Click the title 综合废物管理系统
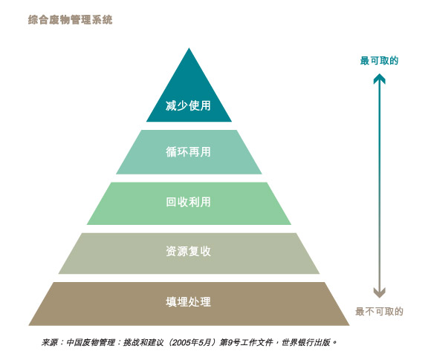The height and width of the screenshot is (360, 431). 71,20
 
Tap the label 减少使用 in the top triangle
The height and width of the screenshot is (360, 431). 188,105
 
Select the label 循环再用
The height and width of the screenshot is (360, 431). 188,152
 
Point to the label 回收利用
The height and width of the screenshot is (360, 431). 188,202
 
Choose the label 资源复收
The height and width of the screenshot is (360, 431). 188,251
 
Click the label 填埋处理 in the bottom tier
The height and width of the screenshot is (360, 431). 188,302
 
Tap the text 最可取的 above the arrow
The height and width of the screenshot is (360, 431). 379,61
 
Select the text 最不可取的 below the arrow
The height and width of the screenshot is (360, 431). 379,312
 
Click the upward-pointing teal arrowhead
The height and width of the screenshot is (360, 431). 379,78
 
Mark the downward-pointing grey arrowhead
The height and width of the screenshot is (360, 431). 379,292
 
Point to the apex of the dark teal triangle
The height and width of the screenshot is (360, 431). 189,48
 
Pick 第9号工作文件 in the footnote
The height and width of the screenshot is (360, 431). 246,342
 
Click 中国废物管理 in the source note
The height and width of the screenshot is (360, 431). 91,342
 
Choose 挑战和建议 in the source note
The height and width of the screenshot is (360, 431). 143,342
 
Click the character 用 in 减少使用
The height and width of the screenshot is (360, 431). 206,105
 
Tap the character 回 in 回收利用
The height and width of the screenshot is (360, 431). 171,202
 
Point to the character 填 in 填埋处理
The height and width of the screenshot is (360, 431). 171,302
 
